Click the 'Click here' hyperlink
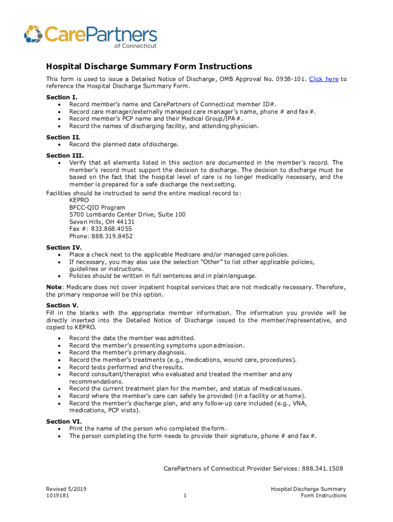(324, 79)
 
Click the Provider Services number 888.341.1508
(322, 468)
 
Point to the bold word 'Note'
(54, 287)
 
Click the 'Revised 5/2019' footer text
(66, 489)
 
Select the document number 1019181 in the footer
(58, 495)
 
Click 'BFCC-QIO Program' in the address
(97, 207)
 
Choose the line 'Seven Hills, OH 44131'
(102, 222)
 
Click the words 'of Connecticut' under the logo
(136, 45)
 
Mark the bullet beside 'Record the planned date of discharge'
(61, 145)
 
